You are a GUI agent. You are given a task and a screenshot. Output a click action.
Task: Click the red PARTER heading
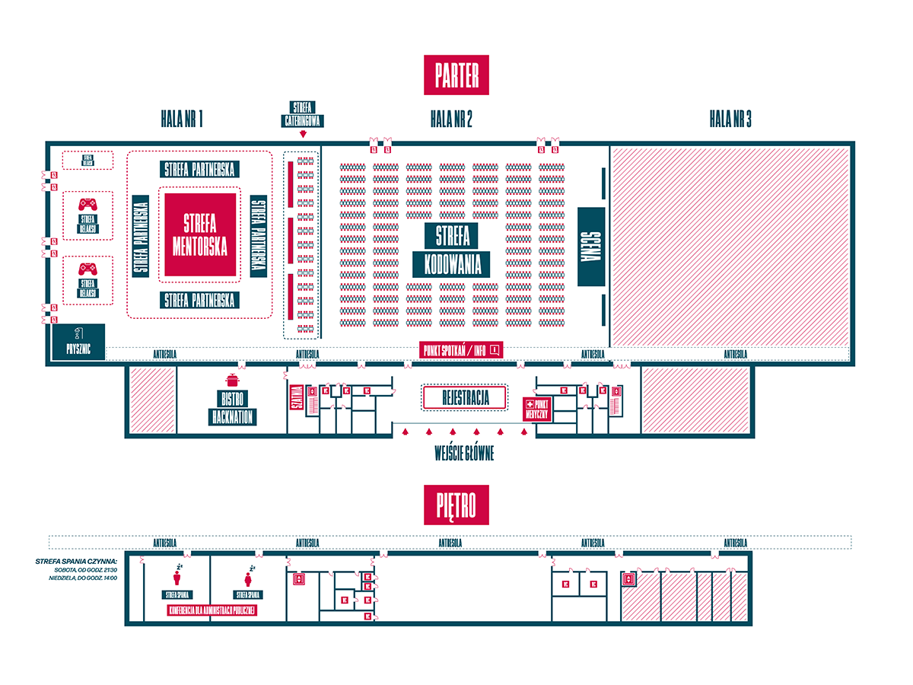(x=456, y=76)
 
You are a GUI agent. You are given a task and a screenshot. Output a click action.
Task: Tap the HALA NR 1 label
(x=182, y=119)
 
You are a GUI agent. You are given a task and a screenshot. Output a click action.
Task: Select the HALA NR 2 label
(x=451, y=119)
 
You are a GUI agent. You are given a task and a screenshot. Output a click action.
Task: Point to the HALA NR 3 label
(x=730, y=119)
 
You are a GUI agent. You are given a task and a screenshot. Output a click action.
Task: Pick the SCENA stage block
(x=591, y=247)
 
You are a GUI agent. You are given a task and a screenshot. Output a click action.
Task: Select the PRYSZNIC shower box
(x=78, y=343)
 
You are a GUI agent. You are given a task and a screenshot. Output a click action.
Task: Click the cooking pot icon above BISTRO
(x=232, y=381)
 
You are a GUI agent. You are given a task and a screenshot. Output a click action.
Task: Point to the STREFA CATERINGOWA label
(x=304, y=113)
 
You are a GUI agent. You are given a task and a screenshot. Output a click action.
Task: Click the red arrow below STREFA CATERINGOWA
(x=304, y=135)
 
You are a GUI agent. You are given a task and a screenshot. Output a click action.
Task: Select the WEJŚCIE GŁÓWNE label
(x=464, y=454)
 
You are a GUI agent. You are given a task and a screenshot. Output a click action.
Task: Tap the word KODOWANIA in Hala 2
(x=451, y=264)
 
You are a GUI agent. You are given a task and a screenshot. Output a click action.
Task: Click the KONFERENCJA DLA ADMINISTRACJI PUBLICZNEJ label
(x=212, y=610)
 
